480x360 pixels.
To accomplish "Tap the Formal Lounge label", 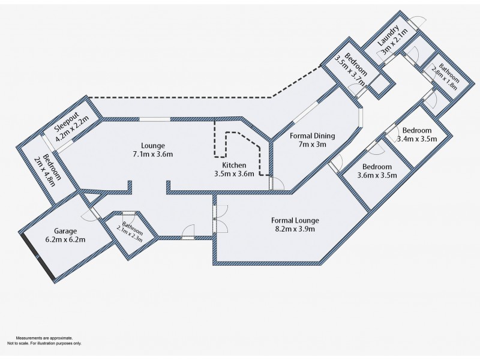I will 295,220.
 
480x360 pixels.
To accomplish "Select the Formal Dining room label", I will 312,136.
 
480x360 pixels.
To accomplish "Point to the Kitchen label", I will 233,165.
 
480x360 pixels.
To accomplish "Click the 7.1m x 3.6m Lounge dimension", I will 152,154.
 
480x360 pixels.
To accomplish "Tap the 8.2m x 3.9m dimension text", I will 295,229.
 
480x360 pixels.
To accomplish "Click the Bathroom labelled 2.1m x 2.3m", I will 128,229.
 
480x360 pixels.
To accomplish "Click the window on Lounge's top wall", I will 155,119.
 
